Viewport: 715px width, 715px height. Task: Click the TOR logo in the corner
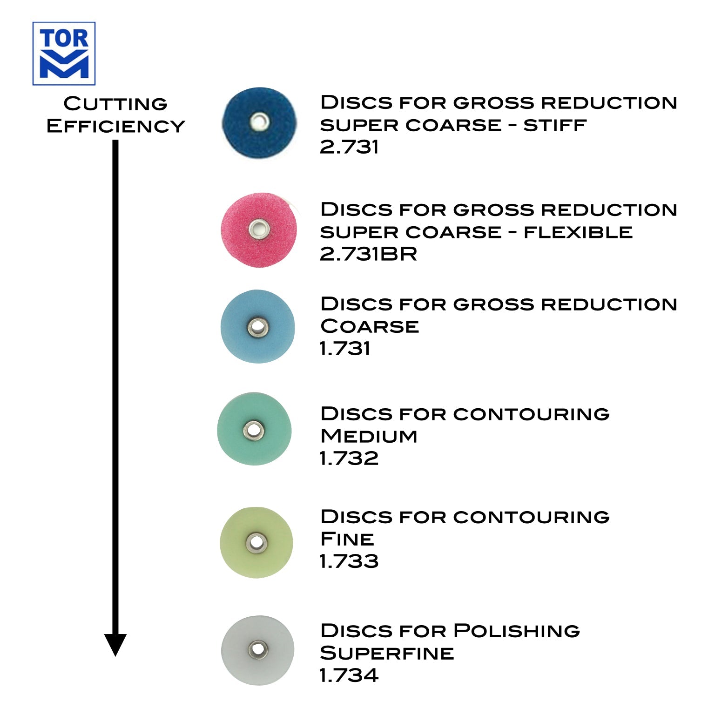[64, 54]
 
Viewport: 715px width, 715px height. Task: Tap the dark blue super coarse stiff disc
[259, 123]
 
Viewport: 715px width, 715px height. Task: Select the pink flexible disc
[259, 229]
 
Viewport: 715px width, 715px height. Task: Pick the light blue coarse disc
[257, 327]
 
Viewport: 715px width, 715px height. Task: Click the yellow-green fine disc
[256, 542]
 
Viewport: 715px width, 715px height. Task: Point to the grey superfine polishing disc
[257, 650]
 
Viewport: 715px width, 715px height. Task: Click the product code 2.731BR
[368, 254]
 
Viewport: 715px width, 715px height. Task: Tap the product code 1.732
[349, 459]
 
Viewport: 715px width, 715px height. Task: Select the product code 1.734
[349, 675]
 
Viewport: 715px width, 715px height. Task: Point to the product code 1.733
[349, 561]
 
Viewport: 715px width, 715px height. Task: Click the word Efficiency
[115, 126]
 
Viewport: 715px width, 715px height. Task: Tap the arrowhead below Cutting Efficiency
[115, 644]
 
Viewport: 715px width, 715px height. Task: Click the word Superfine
[387, 653]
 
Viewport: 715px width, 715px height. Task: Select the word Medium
[369, 436]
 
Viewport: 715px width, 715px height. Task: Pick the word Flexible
[578, 232]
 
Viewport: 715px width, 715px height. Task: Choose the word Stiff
[554, 125]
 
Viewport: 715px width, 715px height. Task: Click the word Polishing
[517, 631]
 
